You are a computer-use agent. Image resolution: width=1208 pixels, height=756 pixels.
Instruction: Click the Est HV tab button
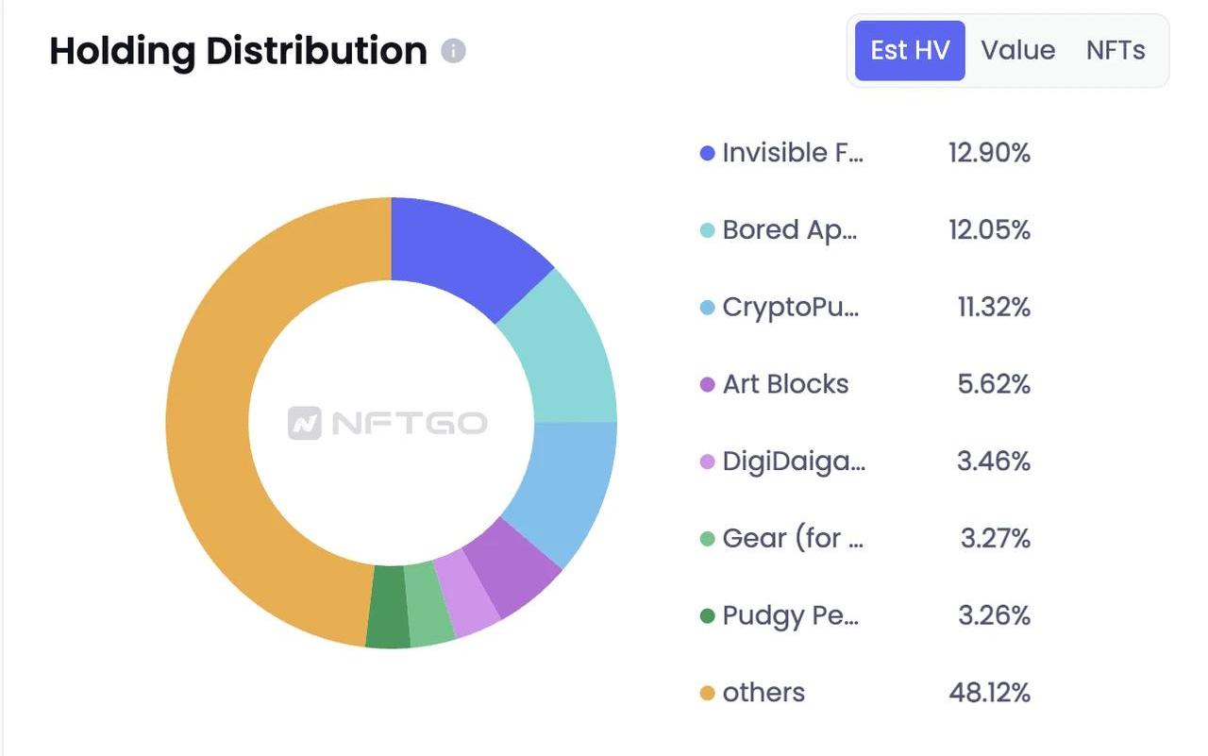click(x=910, y=50)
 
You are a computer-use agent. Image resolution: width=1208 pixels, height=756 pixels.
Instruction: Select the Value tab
click(x=1017, y=50)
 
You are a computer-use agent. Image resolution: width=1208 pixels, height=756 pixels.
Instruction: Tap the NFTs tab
click(x=1116, y=50)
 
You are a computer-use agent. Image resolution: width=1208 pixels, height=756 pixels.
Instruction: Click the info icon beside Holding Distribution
click(x=454, y=50)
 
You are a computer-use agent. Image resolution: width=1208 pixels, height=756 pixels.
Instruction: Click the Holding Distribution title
click(x=238, y=51)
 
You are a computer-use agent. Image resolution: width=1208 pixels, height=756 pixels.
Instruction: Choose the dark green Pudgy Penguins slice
click(x=387, y=606)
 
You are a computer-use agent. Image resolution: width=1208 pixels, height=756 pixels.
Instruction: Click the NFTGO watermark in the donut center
click(x=388, y=423)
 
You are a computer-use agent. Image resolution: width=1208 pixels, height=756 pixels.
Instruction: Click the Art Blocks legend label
click(x=785, y=384)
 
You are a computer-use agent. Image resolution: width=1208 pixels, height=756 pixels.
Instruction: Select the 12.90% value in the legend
click(x=989, y=153)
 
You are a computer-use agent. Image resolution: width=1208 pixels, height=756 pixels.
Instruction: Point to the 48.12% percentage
click(x=989, y=693)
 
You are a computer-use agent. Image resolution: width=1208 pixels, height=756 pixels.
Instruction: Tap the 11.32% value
click(x=993, y=307)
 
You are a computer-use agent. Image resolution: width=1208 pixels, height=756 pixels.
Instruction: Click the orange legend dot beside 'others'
click(x=707, y=694)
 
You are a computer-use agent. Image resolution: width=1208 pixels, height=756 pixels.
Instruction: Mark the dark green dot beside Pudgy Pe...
click(x=707, y=616)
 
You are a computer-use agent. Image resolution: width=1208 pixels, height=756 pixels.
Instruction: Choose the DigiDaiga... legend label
click(x=794, y=462)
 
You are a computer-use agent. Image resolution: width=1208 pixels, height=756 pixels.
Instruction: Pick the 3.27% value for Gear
click(x=995, y=539)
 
